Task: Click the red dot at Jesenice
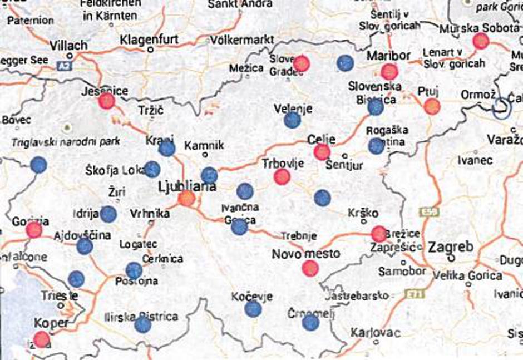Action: click(106, 101)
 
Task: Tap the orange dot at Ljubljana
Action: click(186, 198)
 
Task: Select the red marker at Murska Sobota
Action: click(481, 41)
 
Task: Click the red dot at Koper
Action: click(41, 338)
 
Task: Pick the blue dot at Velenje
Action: click(292, 119)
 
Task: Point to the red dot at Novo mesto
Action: click(310, 268)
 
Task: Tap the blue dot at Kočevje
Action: click(253, 308)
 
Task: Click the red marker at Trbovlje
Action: click(282, 177)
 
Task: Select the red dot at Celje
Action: click(322, 151)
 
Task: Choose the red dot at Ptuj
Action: click(432, 106)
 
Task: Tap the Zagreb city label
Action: click(451, 247)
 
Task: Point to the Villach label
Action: click(68, 46)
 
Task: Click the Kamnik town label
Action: click(204, 145)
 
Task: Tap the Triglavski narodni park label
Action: click(66, 142)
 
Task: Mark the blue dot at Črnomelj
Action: click(310, 322)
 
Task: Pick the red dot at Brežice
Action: click(379, 234)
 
